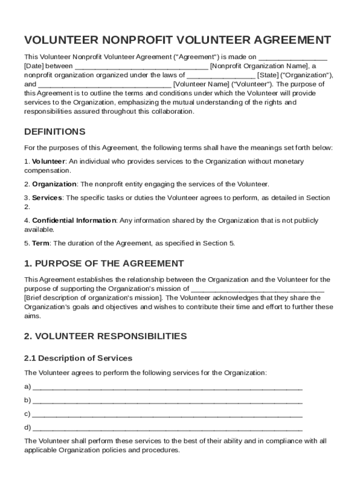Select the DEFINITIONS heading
(x=55, y=131)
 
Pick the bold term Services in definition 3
(x=47, y=198)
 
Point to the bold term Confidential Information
(x=74, y=220)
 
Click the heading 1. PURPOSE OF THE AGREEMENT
(x=104, y=263)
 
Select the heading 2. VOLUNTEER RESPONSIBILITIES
(x=105, y=336)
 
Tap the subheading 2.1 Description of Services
(x=78, y=358)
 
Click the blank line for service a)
(x=167, y=387)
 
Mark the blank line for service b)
(x=167, y=401)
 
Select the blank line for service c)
(x=167, y=414)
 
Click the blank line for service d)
(x=167, y=428)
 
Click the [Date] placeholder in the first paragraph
(x=34, y=66)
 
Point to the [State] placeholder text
(x=268, y=75)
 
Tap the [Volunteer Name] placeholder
(x=202, y=85)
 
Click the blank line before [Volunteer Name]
(x=104, y=86)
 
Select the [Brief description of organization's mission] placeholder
(x=94, y=298)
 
